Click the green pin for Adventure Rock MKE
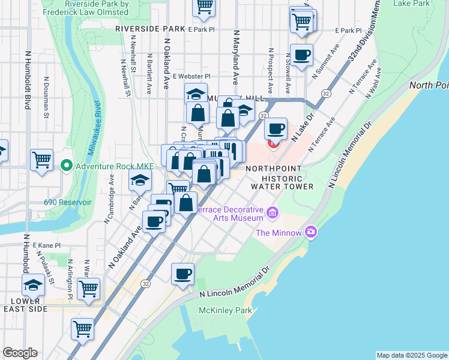click(x=66, y=165)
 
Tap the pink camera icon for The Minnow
click(x=311, y=232)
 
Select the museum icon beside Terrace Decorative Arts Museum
click(x=273, y=212)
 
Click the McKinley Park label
click(x=226, y=311)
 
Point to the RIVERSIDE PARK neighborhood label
click(x=150, y=28)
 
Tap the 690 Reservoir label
click(x=67, y=202)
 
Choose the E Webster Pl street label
click(x=191, y=76)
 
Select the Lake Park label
click(x=411, y=4)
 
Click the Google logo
click(x=20, y=353)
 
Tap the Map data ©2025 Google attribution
click(x=412, y=355)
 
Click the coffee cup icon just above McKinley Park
click(x=183, y=274)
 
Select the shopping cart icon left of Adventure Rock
click(x=41, y=160)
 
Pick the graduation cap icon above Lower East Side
click(x=33, y=284)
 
